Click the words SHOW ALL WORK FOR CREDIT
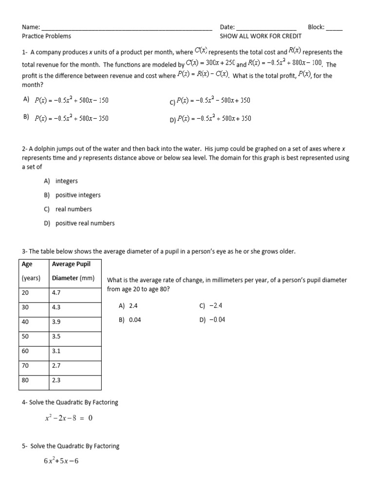pyautogui.click(x=261, y=36)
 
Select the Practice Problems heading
pyautogui.click(x=46, y=36)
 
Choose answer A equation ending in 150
pyautogui.click(x=71, y=100)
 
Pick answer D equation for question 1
pyautogui.click(x=214, y=118)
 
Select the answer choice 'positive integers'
pyautogui.click(x=78, y=195)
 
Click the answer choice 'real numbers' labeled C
pyautogui.click(x=74, y=209)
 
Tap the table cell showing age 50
pyautogui.click(x=25, y=336)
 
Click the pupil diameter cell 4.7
pyautogui.click(x=56, y=293)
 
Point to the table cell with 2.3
pyautogui.click(x=56, y=380)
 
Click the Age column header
pyautogui.click(x=27, y=264)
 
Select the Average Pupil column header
pyautogui.click(x=71, y=264)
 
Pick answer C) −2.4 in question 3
pyautogui.click(x=210, y=306)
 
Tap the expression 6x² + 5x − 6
pyautogui.click(x=61, y=461)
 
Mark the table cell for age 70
pyautogui.click(x=25, y=365)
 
